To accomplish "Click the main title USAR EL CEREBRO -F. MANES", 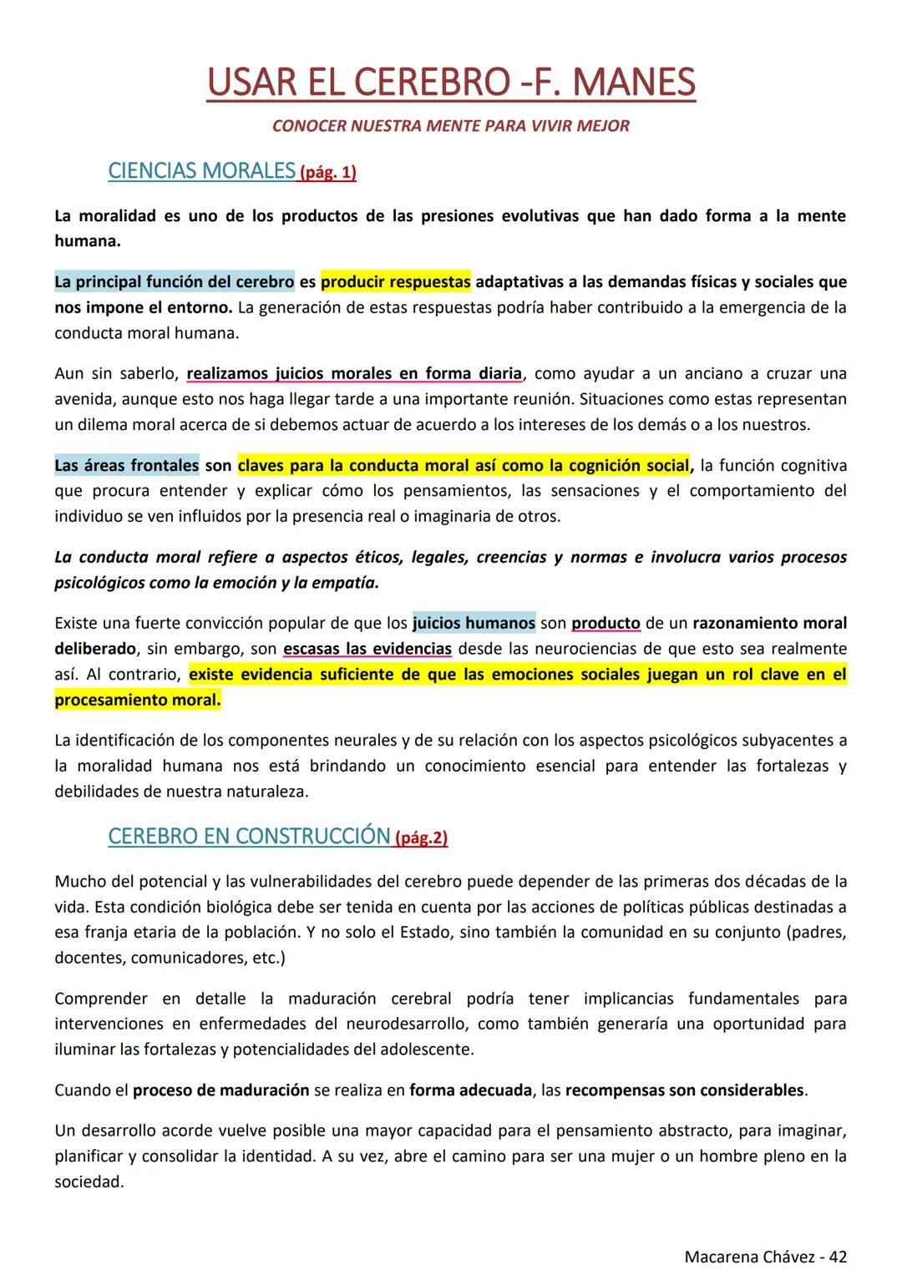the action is coord(451,82).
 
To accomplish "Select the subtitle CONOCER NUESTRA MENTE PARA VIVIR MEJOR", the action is coord(451,126).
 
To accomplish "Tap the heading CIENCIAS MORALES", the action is coord(201,171).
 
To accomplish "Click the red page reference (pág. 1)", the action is coord(327,173).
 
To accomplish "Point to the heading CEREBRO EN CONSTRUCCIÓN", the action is coord(249,836).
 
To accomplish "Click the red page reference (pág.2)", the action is coord(421,837).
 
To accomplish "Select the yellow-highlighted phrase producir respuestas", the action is coord(396,282).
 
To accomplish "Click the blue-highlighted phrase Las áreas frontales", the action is coord(127,465).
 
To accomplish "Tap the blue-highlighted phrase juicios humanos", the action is coord(474,623).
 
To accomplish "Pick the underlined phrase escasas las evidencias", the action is coord(367,649).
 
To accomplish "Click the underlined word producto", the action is coord(606,623).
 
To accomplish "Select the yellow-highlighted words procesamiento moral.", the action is coord(138,700).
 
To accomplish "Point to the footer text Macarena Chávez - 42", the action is coord(765,1256).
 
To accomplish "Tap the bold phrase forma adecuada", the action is coord(470,1090).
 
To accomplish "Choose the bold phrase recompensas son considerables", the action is coord(684,1090).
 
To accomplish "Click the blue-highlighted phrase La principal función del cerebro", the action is coord(175,282).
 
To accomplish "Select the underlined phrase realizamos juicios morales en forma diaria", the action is coord(354,373).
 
